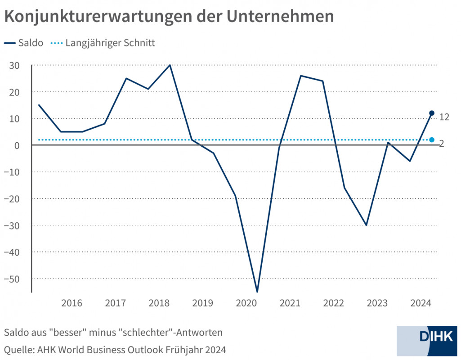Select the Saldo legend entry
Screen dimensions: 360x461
click(30, 43)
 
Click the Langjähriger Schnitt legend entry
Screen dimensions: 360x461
click(110, 43)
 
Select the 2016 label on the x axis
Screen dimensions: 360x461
click(72, 303)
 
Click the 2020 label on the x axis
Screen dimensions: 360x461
click(246, 303)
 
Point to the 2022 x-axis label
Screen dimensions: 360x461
click(333, 303)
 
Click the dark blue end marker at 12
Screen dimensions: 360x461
click(432, 113)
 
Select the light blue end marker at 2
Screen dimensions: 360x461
click(432, 140)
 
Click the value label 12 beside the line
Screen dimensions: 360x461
click(444, 117)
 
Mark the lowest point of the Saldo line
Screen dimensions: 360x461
click(257, 292)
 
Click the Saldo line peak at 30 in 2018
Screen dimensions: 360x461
click(170, 65)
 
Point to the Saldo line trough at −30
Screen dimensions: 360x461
click(366, 225)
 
